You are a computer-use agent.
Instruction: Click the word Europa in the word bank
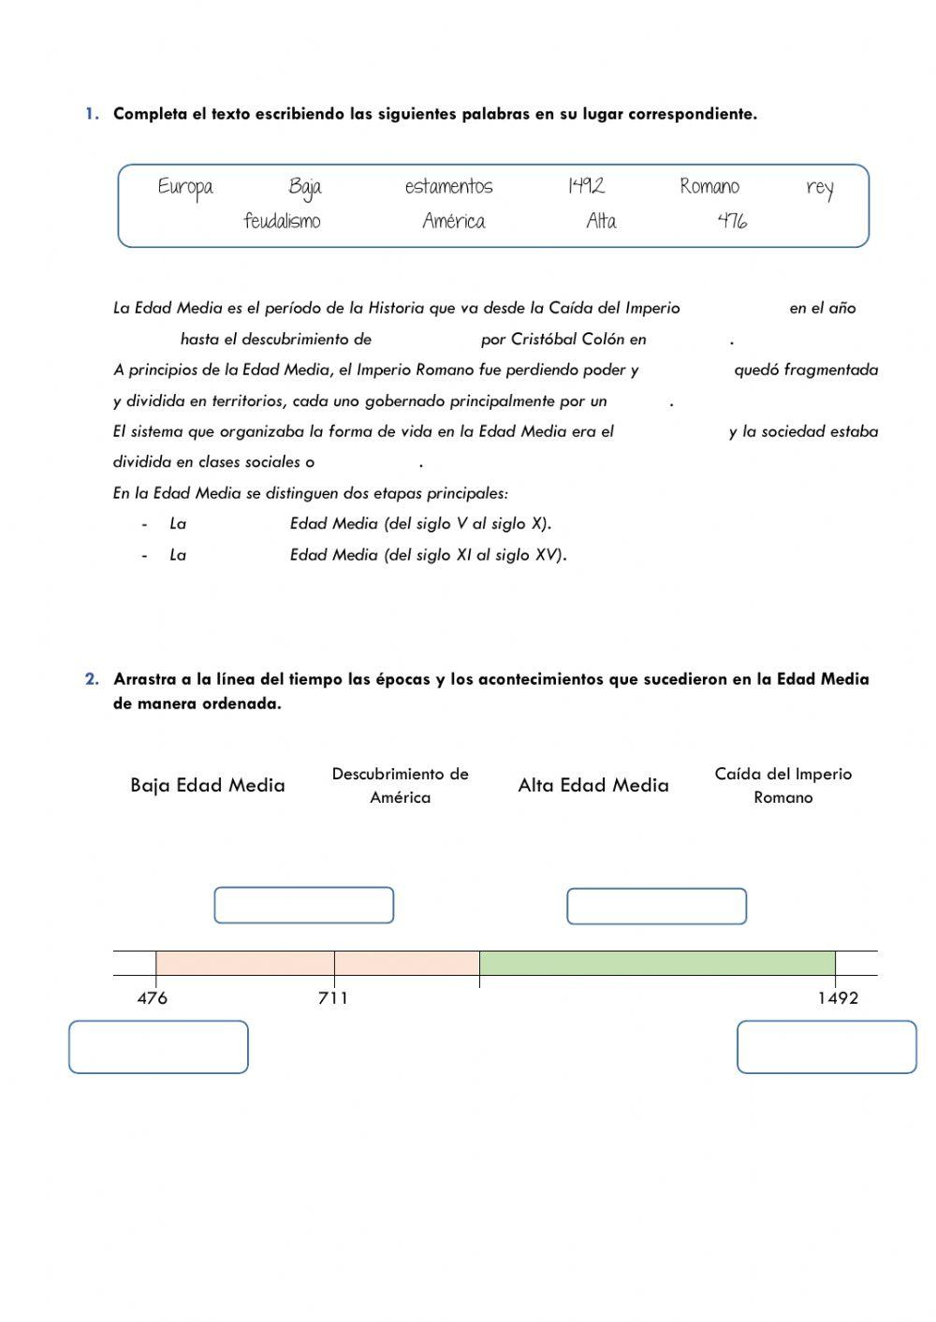coord(185,187)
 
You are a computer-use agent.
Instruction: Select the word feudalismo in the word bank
coord(282,222)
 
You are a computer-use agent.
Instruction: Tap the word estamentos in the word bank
coord(448,187)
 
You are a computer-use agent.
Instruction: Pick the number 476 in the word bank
coord(732,222)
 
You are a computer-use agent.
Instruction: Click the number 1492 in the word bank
coord(586,186)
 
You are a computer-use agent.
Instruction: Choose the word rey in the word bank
coord(819,188)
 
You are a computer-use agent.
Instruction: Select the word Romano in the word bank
coord(709,187)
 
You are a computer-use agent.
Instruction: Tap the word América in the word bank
coord(454,222)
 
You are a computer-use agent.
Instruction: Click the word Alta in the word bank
coord(601,222)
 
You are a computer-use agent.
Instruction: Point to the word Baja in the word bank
coord(305,187)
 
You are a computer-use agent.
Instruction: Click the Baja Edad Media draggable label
coord(208,786)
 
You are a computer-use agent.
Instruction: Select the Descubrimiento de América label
coord(400,786)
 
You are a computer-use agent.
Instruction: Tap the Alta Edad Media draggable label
coord(593,786)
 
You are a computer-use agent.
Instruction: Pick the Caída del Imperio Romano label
coord(783,786)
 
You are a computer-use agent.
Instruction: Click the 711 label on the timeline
coord(333,998)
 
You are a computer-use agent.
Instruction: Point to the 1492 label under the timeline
coord(838,998)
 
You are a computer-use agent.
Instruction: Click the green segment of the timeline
coord(657,964)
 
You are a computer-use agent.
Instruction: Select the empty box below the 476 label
coord(158,1047)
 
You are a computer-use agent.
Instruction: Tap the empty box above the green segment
coord(656,907)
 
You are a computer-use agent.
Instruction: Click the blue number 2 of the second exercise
coord(92,679)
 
